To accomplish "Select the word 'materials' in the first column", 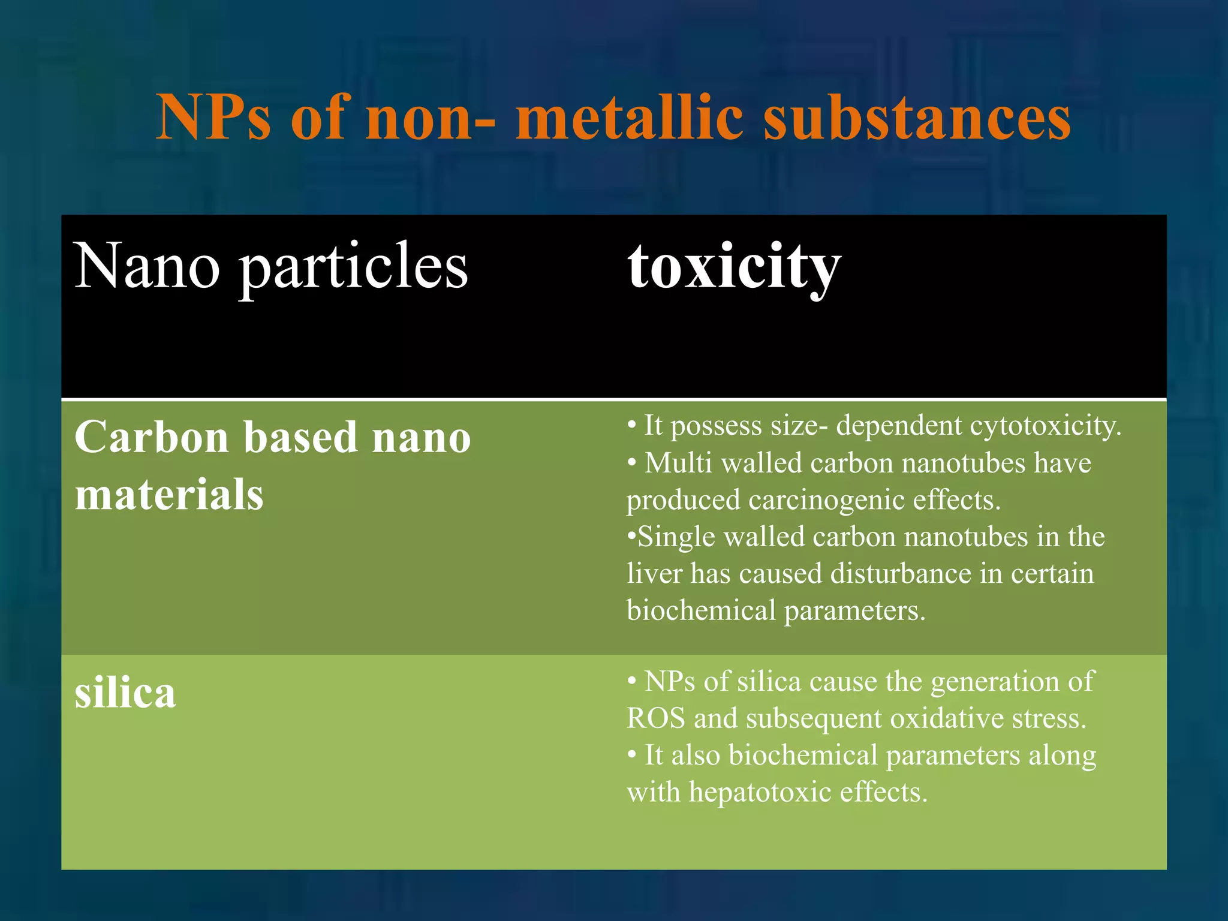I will [x=169, y=495].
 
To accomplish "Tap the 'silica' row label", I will [x=125, y=693].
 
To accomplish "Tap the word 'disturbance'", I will [x=901, y=573].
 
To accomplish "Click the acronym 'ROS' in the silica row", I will [x=656, y=718].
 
